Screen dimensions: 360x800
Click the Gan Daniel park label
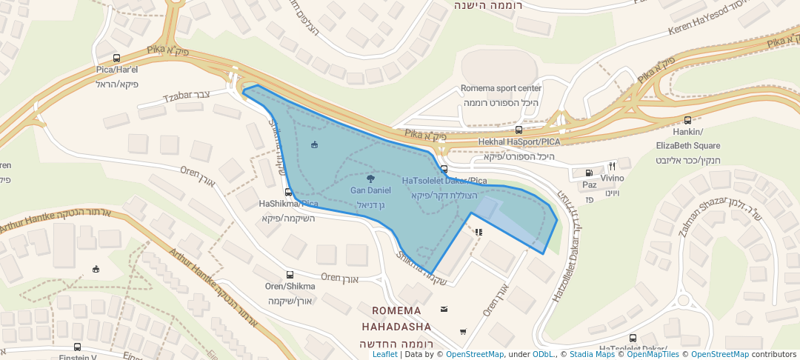tap(370, 190)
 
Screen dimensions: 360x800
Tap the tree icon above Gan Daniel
tap(370, 178)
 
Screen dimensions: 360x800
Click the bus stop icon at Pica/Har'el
tap(116, 58)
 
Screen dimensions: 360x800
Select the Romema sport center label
tap(501, 88)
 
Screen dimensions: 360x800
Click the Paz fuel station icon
tap(589, 172)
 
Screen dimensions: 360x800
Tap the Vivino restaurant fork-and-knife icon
tap(612, 166)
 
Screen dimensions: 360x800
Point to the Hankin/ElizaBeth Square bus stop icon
tap(687, 120)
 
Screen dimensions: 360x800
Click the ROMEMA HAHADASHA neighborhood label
tap(396, 319)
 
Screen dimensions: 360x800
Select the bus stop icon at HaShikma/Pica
tap(288, 192)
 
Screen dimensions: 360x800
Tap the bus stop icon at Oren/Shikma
tap(290, 275)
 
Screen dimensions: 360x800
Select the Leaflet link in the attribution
tap(384, 354)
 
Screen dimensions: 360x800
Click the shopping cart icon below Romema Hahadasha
tap(463, 331)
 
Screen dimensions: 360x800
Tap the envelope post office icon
tap(444, 309)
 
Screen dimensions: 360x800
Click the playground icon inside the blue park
tap(314, 144)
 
